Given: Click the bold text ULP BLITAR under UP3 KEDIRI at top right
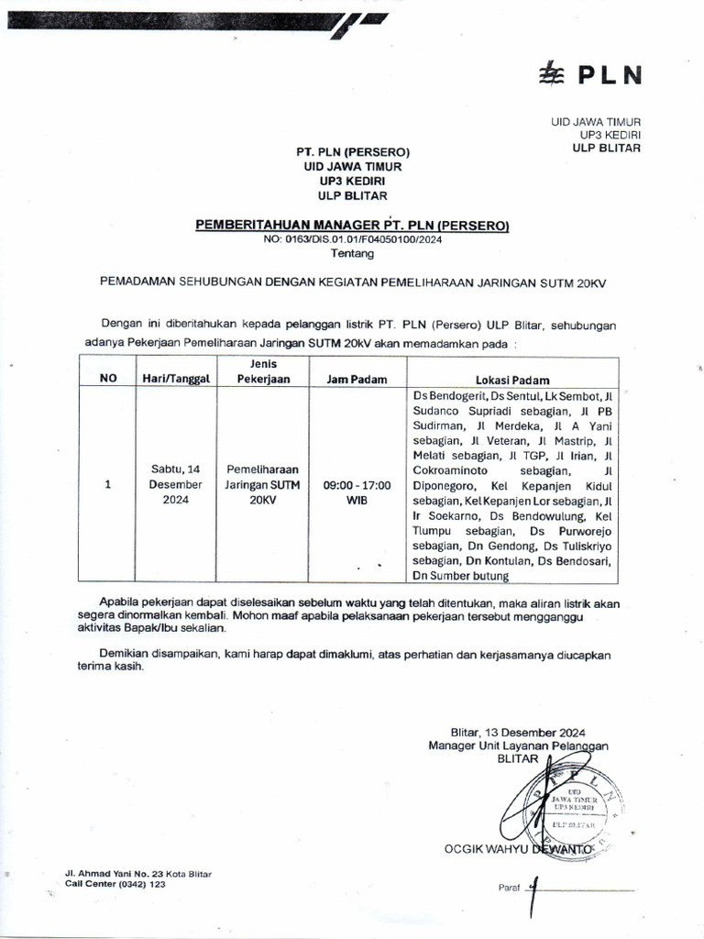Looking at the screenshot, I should click(x=606, y=148).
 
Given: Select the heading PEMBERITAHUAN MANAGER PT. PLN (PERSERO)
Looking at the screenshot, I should click(x=352, y=226).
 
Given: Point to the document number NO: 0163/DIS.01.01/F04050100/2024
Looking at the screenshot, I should click(x=352, y=240).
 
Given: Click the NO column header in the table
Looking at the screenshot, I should click(x=108, y=379).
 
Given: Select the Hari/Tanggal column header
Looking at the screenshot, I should click(x=175, y=379).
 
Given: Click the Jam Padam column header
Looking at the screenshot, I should click(x=356, y=379).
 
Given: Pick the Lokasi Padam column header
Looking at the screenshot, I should click(x=511, y=379).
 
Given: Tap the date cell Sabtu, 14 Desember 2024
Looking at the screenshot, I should click(x=175, y=485).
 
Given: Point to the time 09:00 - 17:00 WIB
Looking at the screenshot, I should click(x=357, y=492).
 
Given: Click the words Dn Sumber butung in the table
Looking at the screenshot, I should click(x=459, y=575).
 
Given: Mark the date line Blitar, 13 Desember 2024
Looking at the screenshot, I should click(x=518, y=732).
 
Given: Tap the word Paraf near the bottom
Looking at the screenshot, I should click(x=509, y=888).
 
